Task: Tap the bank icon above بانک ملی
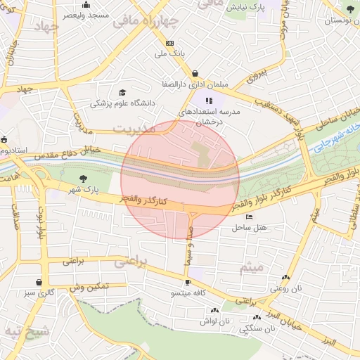(169, 43)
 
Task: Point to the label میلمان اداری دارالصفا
(195, 83)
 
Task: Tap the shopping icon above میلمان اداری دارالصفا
(195, 72)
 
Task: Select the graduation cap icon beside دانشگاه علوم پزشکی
(122, 92)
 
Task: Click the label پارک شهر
(84, 190)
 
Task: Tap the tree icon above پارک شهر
(84, 179)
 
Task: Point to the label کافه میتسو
(187, 293)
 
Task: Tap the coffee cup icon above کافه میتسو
(188, 283)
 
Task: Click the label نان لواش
(215, 320)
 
